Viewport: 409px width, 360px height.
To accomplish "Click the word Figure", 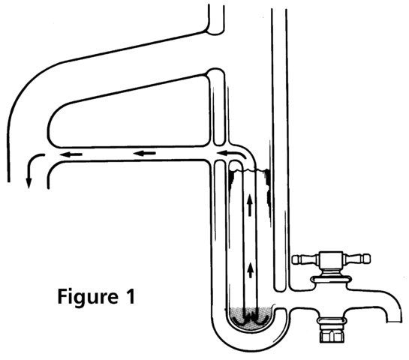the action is (x=88, y=298).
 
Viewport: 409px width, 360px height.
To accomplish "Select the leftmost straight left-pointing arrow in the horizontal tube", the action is (x=71, y=154).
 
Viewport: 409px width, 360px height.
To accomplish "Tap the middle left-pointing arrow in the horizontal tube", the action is (x=145, y=153).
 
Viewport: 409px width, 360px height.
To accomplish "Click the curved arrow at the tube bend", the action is (x=231, y=154).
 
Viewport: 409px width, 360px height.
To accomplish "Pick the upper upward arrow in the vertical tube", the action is (x=250, y=205).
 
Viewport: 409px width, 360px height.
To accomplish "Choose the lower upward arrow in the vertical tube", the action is (x=251, y=270).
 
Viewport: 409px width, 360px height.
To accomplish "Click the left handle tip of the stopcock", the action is (x=295, y=259).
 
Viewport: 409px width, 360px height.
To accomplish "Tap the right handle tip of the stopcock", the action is (x=367, y=258).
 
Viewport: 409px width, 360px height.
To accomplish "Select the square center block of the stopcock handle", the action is (x=331, y=259).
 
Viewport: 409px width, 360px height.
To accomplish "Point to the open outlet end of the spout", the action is (x=393, y=322).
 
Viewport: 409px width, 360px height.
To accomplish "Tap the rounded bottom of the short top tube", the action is (x=215, y=32).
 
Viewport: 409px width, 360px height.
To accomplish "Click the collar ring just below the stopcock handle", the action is (x=331, y=280).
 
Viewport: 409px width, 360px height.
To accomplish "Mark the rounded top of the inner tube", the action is (x=236, y=163).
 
